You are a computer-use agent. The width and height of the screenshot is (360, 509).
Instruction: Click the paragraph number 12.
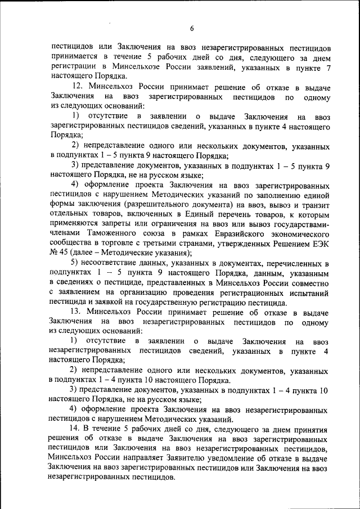coord(78,88)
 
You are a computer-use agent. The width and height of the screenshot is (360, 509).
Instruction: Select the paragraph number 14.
coord(77,429)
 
